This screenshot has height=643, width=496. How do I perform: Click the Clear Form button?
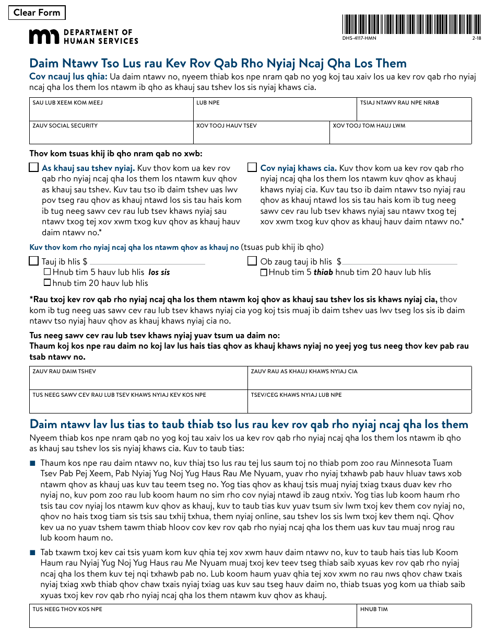[37, 13]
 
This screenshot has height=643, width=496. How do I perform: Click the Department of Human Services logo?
[84, 36]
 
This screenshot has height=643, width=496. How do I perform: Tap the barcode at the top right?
[411, 25]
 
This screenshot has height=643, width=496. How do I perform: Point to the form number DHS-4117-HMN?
[360, 39]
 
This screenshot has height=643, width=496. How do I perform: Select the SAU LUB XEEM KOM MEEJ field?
[111, 112]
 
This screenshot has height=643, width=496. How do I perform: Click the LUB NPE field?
[275, 112]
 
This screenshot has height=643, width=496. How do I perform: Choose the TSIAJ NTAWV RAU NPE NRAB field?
[414, 112]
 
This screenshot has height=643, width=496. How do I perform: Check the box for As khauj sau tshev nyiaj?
[34, 168]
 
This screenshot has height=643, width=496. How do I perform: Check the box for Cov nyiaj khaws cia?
[252, 168]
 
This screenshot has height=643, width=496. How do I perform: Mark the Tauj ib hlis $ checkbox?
[34, 261]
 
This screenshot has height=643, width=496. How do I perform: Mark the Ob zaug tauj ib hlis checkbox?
[252, 261]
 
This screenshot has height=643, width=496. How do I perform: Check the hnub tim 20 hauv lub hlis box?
[48, 283]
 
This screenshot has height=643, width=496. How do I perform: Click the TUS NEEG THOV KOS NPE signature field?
[193, 619]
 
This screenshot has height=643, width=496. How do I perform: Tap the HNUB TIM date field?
[414, 619]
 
